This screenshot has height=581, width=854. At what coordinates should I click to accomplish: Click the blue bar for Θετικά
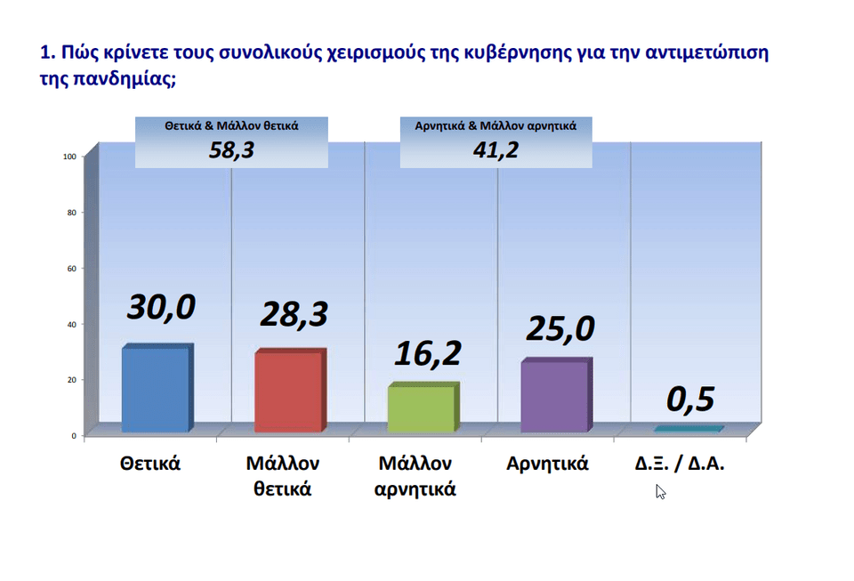tap(157, 388)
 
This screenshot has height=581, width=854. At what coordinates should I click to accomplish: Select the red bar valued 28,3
tap(290, 391)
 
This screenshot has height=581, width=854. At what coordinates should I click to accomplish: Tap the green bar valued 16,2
tap(423, 408)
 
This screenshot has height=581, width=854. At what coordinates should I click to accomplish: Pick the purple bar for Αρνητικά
tap(556, 395)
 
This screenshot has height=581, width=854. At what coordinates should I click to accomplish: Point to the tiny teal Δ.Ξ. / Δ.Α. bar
tap(689, 429)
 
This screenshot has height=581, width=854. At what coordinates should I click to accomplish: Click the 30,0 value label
tap(161, 308)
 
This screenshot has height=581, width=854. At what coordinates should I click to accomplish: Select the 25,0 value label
tap(560, 329)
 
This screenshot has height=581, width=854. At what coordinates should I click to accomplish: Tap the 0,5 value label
tap(690, 399)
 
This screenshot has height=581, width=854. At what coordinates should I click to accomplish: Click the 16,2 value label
tap(428, 353)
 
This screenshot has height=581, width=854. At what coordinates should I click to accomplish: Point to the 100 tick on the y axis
tap(69, 157)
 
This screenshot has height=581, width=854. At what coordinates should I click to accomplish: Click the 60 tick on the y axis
tap(72, 269)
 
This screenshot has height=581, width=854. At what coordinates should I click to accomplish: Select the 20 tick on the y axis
tap(72, 380)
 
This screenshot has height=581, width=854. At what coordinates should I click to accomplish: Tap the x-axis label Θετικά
tap(150, 464)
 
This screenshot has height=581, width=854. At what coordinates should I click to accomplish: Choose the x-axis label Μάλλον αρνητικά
tap(415, 476)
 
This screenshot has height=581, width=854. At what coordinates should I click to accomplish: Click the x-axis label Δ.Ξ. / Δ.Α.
tap(680, 464)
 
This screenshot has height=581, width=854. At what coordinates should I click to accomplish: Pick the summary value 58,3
tap(231, 149)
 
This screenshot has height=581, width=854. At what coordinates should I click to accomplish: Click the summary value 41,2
tap(495, 149)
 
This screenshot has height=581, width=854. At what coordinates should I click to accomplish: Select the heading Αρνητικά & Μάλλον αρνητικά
tap(495, 125)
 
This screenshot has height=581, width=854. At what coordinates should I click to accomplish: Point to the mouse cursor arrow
tap(660, 492)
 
